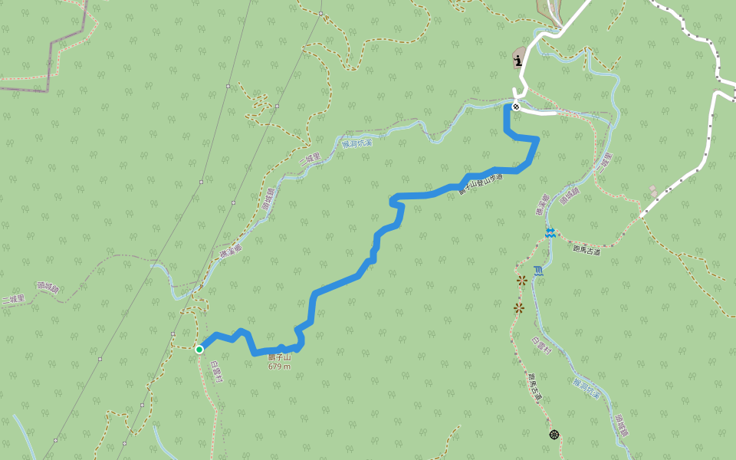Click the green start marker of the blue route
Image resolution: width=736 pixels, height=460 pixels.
pyautogui.click(x=199, y=350)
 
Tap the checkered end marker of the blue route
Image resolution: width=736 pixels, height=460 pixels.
pyautogui.click(x=516, y=107)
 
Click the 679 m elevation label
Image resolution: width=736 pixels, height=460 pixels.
pyautogui.click(x=279, y=366)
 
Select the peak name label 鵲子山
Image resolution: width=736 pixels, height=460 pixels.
pyautogui.click(x=279, y=357)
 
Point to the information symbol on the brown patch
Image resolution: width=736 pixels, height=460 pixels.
pyautogui.click(x=519, y=61)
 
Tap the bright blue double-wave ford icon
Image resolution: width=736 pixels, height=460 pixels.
pyautogui.click(x=550, y=233)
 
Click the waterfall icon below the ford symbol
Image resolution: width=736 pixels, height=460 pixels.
pyautogui.click(x=538, y=270)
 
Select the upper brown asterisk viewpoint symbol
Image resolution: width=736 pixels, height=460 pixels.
pyautogui.click(x=522, y=281)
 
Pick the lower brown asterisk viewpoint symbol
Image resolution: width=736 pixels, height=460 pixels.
pyautogui.click(x=519, y=308)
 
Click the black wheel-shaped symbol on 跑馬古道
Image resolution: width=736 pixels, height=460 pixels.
pyautogui.click(x=554, y=435)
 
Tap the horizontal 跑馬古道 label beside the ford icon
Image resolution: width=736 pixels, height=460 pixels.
pyautogui.click(x=586, y=249)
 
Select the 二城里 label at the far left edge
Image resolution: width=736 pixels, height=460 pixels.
pyautogui.click(x=13, y=298)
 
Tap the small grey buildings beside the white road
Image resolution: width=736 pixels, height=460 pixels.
pyautogui.click(x=653, y=189)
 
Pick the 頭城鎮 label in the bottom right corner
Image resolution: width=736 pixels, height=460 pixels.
pyautogui.click(x=621, y=426)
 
